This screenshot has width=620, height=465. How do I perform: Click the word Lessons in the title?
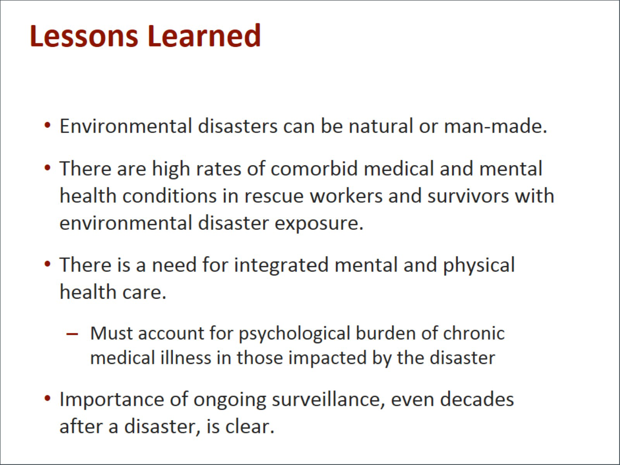click(x=84, y=36)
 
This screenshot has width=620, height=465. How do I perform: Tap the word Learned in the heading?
click(x=204, y=36)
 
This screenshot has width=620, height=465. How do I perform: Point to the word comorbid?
click(x=314, y=169)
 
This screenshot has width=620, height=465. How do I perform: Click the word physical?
click(x=479, y=265)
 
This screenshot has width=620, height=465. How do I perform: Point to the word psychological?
click(x=295, y=334)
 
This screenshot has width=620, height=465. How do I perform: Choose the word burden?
click(x=386, y=333)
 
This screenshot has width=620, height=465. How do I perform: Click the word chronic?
click(x=474, y=333)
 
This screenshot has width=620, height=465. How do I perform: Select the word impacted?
click(x=328, y=358)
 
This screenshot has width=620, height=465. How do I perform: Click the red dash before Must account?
click(x=72, y=334)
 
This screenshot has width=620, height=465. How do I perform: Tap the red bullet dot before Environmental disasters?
click(x=48, y=125)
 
